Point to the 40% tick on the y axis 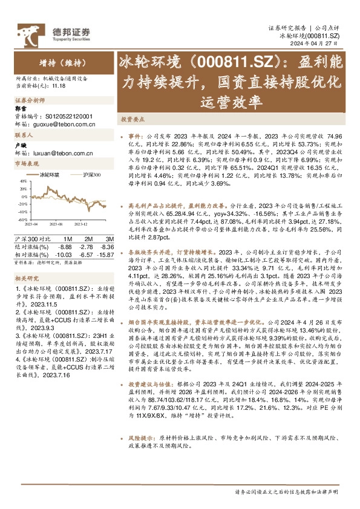tap(22, 180)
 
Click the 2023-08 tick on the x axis tap(57, 223)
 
